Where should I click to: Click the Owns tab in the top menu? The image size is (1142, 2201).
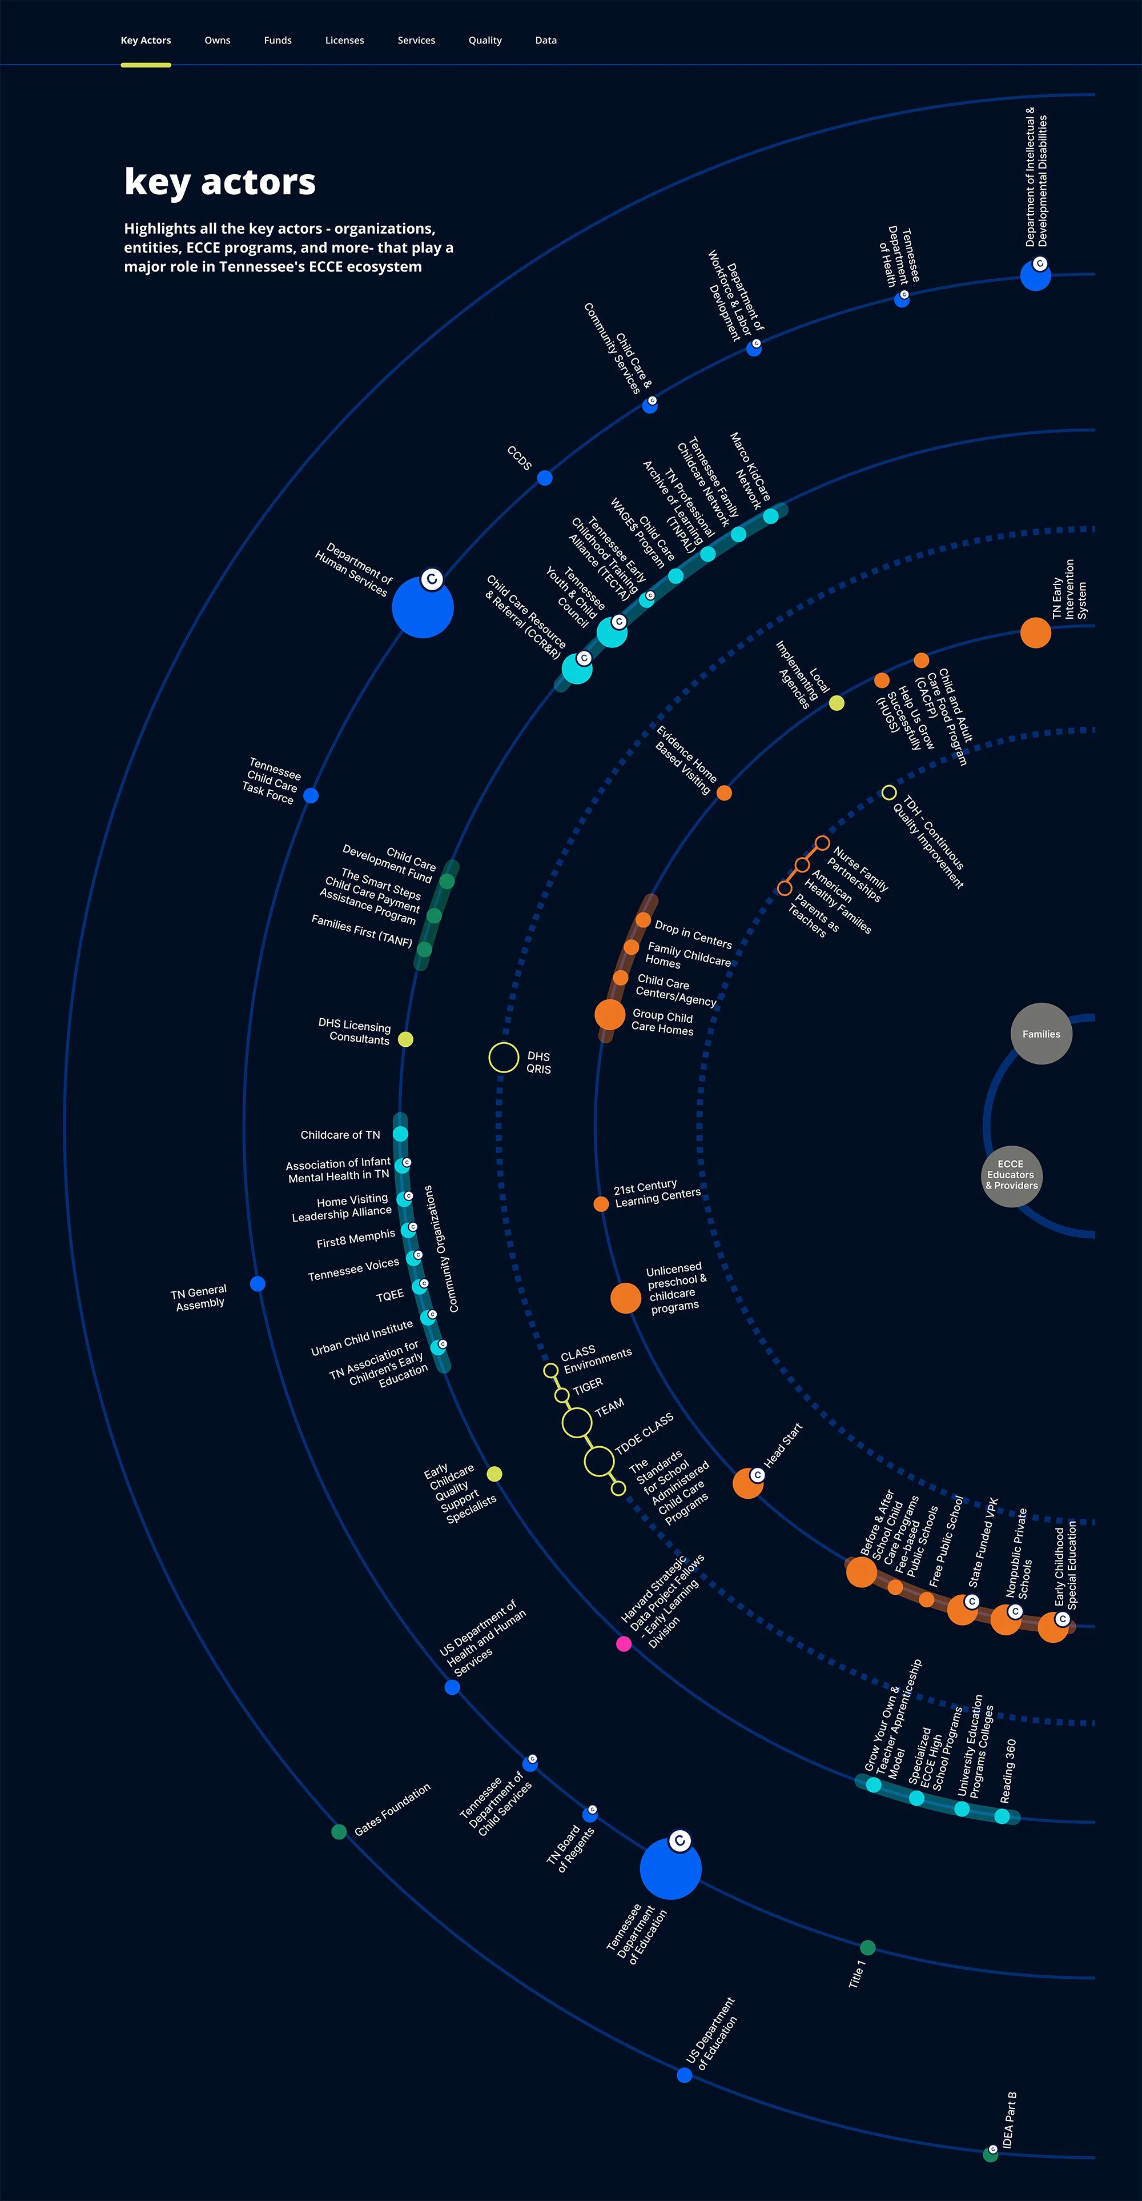(x=217, y=40)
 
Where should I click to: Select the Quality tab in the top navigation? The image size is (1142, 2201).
(x=484, y=40)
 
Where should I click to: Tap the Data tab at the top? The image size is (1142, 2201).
(x=546, y=40)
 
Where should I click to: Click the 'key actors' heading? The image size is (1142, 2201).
(x=219, y=182)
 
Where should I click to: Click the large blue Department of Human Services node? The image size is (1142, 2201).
(x=422, y=607)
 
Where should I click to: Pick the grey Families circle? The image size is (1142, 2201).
(x=1041, y=1034)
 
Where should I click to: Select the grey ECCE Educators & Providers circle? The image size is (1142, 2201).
(x=1011, y=1176)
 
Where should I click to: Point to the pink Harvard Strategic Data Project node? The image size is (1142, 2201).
(x=624, y=1644)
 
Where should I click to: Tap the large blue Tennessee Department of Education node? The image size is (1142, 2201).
(x=670, y=1868)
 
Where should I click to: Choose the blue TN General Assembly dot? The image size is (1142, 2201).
(x=257, y=1283)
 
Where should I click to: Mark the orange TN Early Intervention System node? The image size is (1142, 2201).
(x=1035, y=633)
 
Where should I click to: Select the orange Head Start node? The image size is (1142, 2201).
(x=747, y=1484)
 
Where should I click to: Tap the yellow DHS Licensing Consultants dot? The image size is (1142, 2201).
(x=406, y=1039)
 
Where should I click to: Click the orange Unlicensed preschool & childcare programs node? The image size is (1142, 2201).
(x=625, y=1298)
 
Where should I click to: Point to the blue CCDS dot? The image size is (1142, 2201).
(x=545, y=478)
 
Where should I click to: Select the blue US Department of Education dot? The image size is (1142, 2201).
(x=684, y=2075)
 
